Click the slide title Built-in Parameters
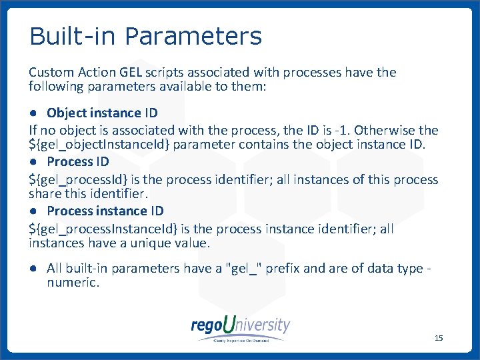[146, 36]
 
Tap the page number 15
[438, 338]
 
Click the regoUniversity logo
[241, 327]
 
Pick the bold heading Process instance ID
[105, 211]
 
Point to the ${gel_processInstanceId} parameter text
[103, 229]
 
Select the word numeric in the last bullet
[73, 283]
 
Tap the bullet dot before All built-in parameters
[33, 269]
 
